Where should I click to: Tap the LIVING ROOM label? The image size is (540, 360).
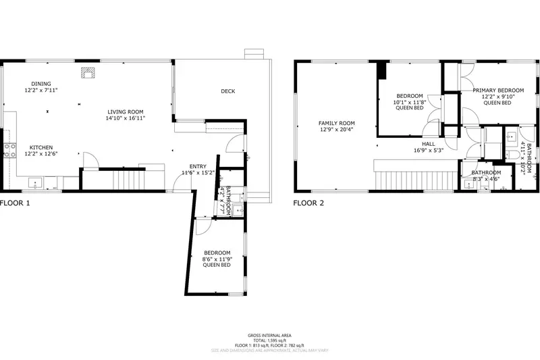pos(125,111)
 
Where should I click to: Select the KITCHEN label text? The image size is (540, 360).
pos(40,147)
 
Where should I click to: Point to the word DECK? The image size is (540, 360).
pos(228,91)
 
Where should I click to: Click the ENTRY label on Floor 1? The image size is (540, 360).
pos(198,166)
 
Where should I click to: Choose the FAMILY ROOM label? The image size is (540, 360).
pos(337,123)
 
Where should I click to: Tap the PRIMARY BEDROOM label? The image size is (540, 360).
pos(498,90)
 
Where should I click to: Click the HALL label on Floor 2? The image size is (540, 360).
pos(429,144)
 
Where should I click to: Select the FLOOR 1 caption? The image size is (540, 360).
pos(15,203)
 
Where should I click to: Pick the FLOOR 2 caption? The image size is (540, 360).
pos(308,203)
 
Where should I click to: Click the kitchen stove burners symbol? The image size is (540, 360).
pos(9,151)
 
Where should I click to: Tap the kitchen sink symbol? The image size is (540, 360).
pos(34,182)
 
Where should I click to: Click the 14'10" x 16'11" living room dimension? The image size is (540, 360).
pos(125,118)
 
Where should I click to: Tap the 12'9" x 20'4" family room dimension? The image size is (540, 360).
pos(337,130)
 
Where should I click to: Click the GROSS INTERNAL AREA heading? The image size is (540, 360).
pos(270,335)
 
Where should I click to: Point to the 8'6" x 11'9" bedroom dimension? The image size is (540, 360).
pos(217,259)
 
